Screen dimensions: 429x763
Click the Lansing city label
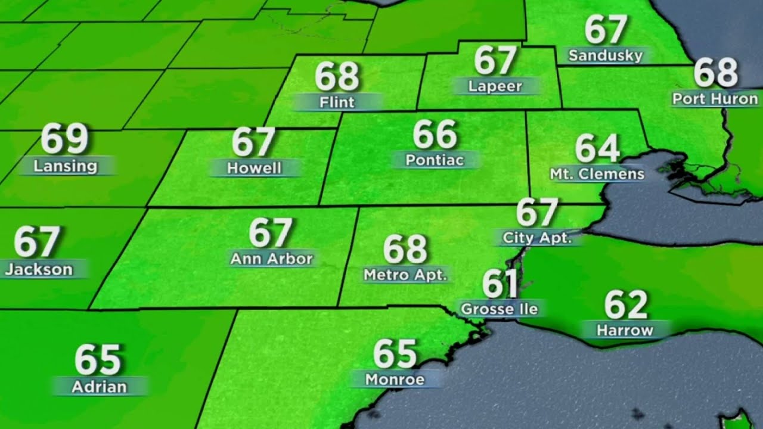click(65, 166)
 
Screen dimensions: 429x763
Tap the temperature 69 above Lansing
click(64, 139)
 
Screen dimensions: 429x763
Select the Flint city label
click(337, 102)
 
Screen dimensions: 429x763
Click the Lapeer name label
click(495, 86)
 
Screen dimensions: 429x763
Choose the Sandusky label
click(606, 55)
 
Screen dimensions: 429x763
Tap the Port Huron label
click(715, 98)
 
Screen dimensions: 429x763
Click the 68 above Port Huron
click(715, 73)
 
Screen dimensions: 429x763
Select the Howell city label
click(255, 167)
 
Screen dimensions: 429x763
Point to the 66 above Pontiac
click(435, 135)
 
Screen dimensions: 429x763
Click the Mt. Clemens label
click(597, 174)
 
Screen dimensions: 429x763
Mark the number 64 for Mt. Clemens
click(597, 149)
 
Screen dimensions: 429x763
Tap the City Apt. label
click(537, 238)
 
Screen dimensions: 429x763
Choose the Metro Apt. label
click(405, 275)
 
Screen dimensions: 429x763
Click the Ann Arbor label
click(271, 259)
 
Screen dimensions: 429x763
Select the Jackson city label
click(39, 269)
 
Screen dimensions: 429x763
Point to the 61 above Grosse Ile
click(500, 284)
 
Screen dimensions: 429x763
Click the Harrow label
click(625, 329)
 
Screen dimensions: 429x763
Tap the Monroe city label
click(395, 379)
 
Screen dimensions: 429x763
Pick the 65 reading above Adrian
click(98, 360)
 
